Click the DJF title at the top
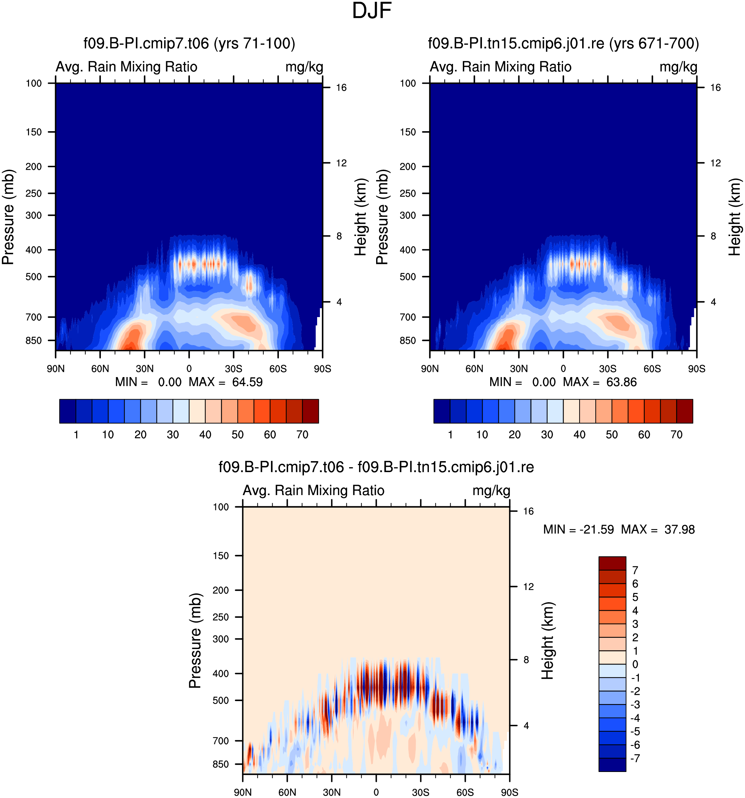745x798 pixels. (372, 11)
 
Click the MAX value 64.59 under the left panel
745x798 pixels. (247, 382)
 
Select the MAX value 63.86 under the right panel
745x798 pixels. (621, 382)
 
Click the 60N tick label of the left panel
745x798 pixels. (100, 369)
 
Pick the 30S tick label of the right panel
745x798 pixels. (608, 369)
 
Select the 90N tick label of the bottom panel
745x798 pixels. (243, 792)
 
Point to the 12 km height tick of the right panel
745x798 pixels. (715, 163)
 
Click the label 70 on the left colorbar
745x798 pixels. (302, 434)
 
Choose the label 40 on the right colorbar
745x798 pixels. (579, 434)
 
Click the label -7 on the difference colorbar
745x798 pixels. (635, 758)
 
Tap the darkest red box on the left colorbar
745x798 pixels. (310, 411)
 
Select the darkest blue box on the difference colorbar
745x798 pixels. (612, 765)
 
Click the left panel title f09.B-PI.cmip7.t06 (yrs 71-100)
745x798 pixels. (189, 44)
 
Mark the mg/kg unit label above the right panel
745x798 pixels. (678, 67)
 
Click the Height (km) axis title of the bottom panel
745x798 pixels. (548, 640)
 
